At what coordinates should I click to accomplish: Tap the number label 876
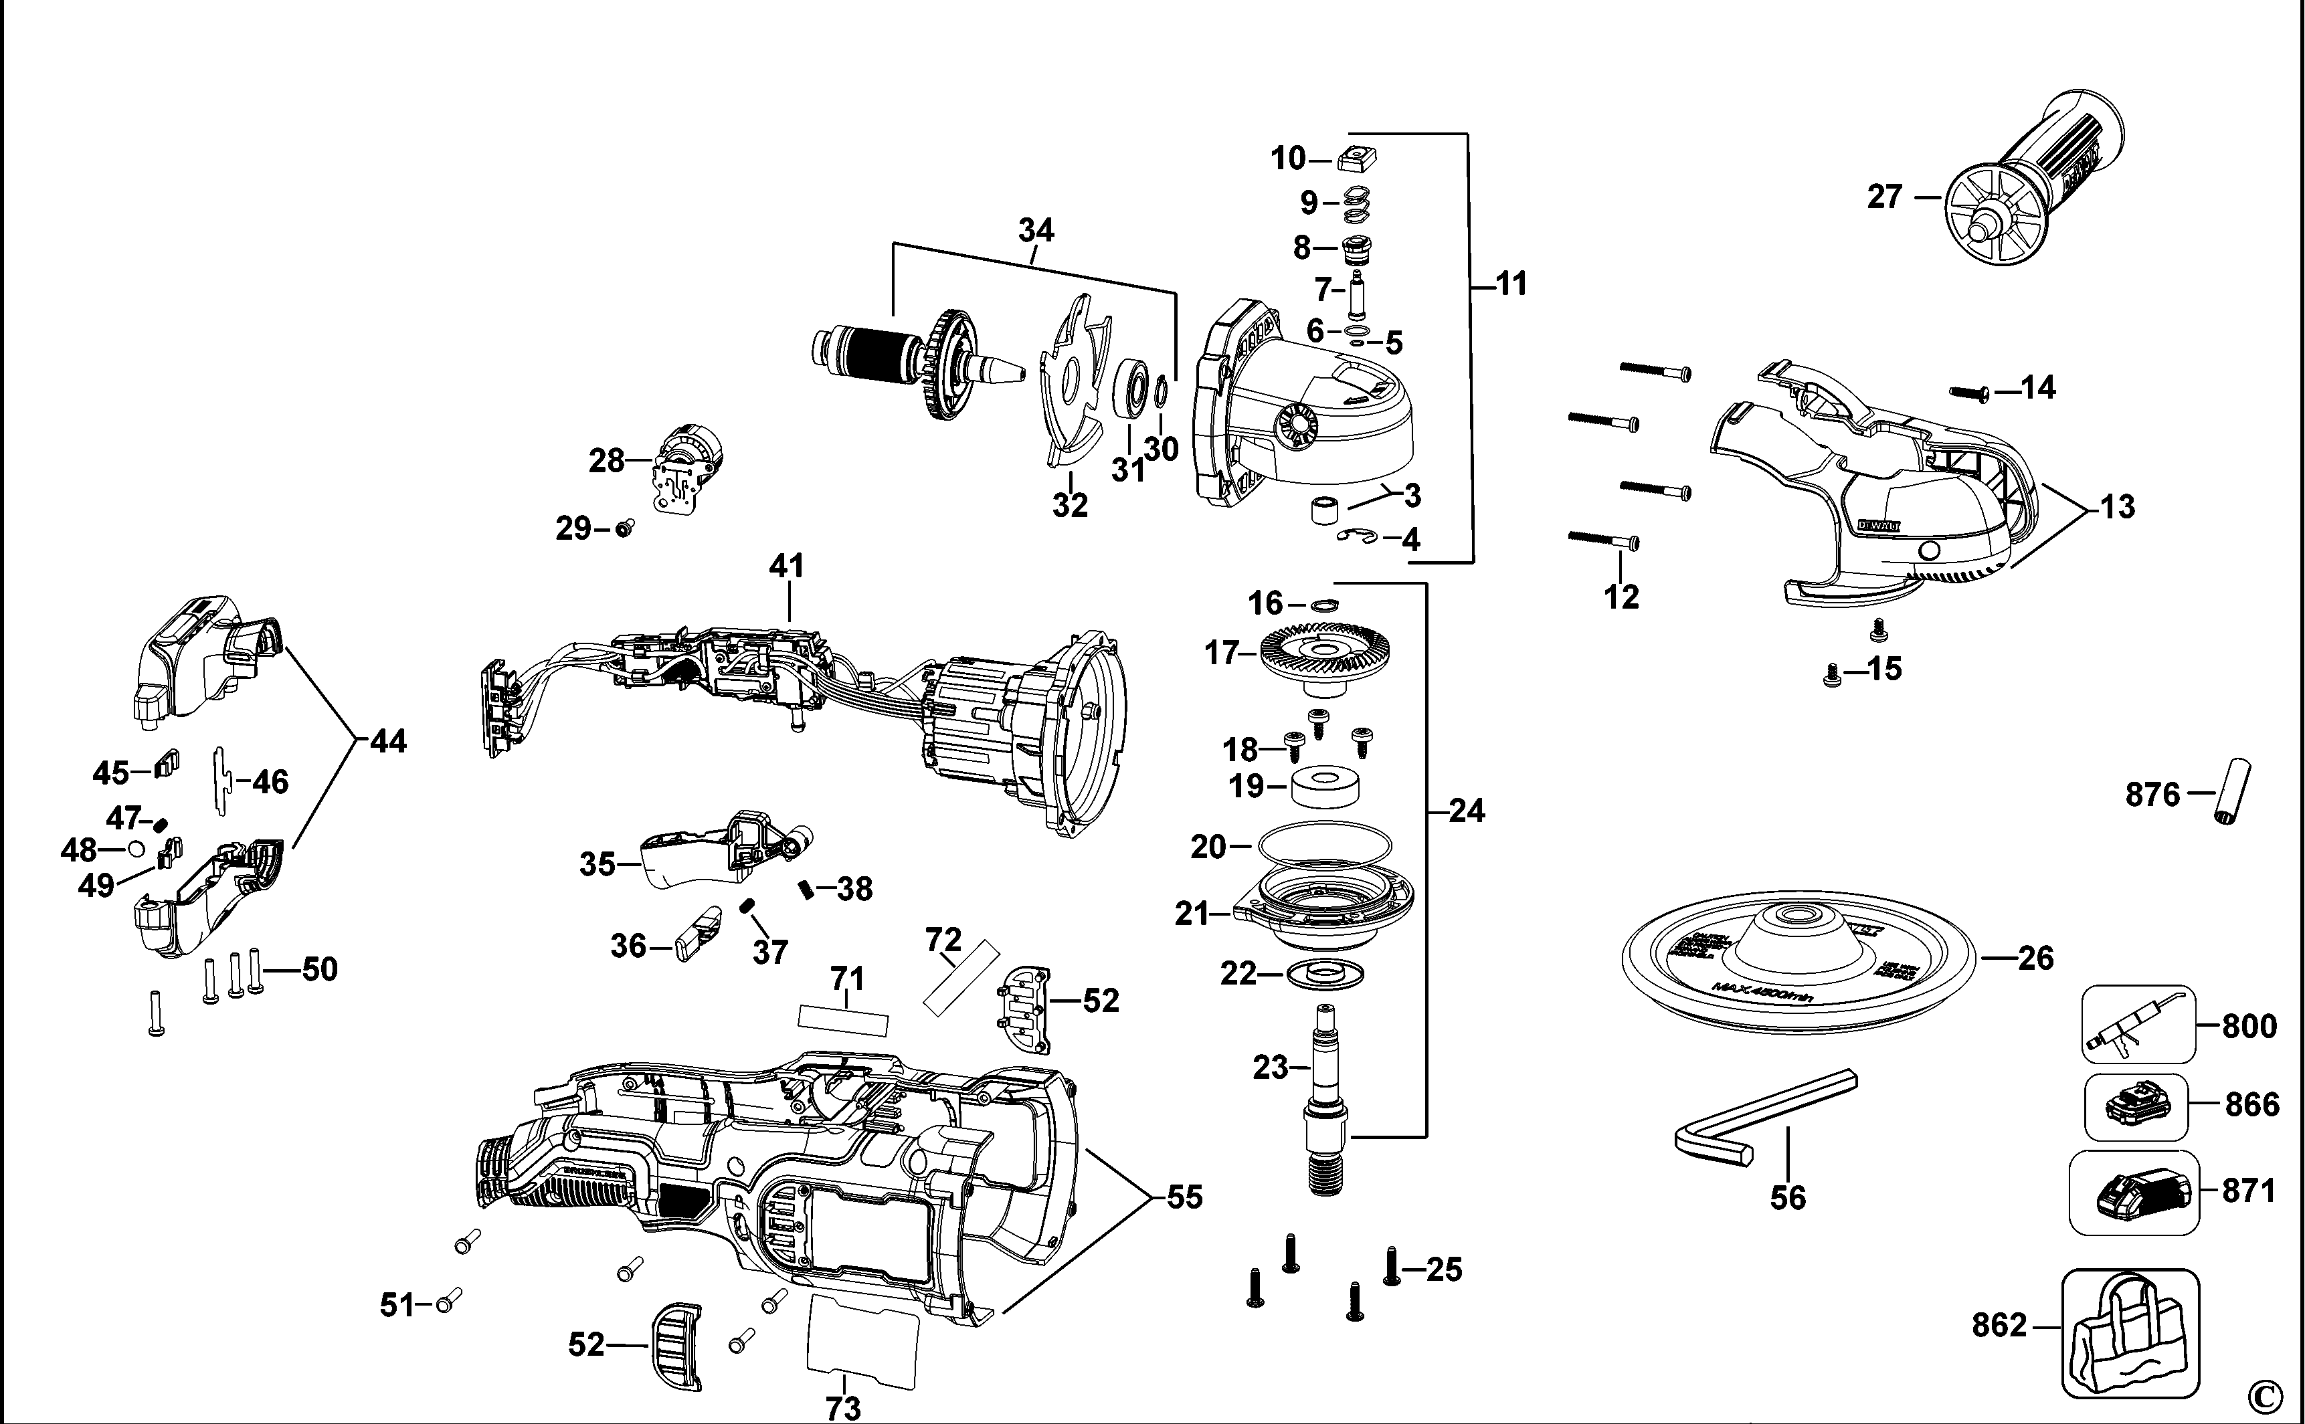coord(2152,795)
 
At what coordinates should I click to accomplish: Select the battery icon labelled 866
coord(2136,1106)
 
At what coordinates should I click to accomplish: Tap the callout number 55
coord(1184,1197)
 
